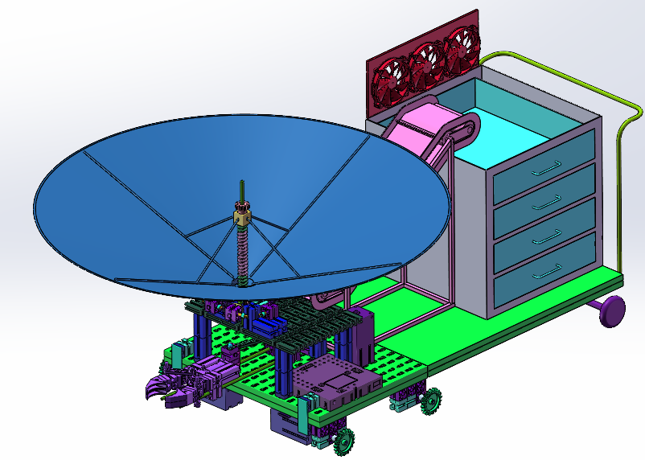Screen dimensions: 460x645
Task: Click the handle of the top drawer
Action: click(x=548, y=168)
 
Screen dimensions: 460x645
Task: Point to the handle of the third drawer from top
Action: click(x=548, y=236)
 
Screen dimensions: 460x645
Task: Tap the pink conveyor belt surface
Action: click(x=422, y=129)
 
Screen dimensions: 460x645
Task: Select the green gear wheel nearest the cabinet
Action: click(x=431, y=399)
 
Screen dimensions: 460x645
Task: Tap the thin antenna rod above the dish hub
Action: click(x=240, y=193)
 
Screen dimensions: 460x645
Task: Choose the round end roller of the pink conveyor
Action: click(x=467, y=126)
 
